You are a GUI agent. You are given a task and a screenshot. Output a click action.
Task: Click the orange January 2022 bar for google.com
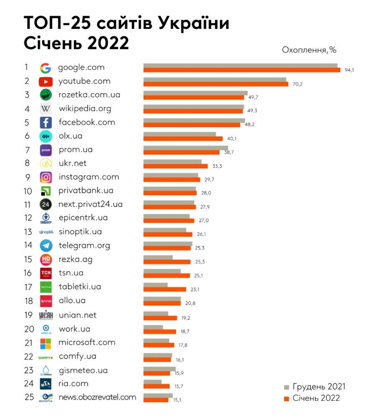[242, 70]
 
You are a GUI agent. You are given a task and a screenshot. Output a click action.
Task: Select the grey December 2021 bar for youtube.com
[215, 79]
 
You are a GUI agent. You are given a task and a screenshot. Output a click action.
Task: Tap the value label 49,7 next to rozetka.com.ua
[253, 97]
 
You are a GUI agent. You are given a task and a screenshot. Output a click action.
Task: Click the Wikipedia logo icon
[46, 109]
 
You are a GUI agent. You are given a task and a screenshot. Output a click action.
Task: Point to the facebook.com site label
[86, 122]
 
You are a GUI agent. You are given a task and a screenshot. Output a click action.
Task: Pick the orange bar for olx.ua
[183, 139]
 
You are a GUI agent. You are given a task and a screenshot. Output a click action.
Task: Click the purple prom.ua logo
[46, 150]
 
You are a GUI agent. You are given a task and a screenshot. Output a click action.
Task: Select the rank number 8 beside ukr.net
[27, 163]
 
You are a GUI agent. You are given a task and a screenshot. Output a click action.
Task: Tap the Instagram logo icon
[46, 177]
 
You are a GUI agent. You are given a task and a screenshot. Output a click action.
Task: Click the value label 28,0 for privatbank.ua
[206, 193]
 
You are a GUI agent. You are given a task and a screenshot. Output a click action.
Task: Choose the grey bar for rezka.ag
[158, 257]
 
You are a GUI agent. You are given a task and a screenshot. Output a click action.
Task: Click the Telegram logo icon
[46, 245]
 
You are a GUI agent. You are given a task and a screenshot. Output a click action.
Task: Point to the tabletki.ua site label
[80, 287]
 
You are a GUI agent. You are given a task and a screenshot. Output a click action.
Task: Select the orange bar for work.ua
[160, 331]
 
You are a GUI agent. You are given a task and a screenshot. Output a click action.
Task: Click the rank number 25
[29, 397]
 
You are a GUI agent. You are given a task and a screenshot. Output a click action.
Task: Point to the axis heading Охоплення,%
[309, 50]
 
